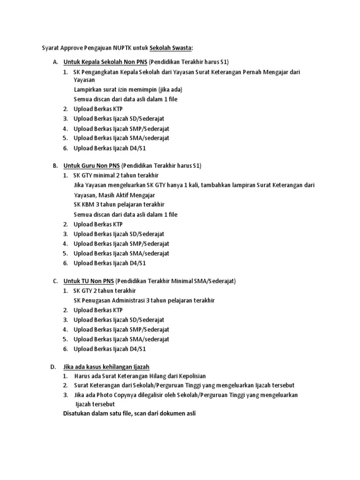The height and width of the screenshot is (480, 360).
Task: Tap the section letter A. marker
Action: tap(55, 62)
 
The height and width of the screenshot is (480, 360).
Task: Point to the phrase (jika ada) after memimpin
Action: tap(168, 90)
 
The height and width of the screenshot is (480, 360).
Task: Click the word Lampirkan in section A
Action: tap(88, 90)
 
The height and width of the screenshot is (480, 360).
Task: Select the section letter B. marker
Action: tap(55, 166)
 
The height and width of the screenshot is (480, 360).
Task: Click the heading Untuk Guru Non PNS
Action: tap(92, 166)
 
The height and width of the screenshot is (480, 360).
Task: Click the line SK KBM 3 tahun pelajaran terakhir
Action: tap(119, 204)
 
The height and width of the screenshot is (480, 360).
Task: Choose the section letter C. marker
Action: tap(55, 281)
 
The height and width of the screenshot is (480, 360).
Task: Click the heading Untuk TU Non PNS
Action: tap(89, 281)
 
